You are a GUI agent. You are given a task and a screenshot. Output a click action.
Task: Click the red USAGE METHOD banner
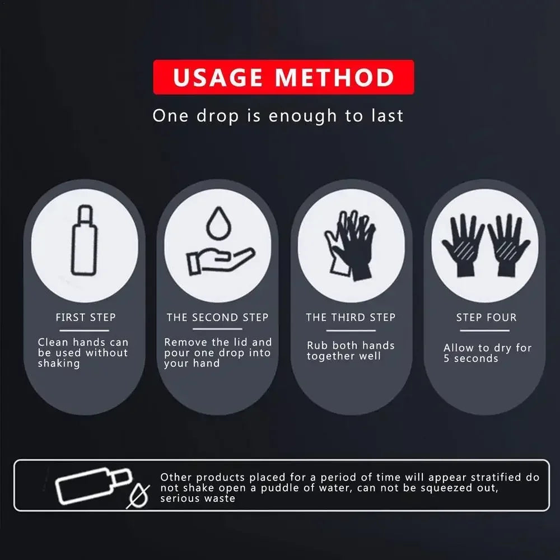(283, 77)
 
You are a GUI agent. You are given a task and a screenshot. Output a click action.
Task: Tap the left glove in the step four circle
(463, 244)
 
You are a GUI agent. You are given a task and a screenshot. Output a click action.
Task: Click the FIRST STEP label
(86, 318)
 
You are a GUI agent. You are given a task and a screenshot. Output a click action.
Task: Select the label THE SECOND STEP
(217, 318)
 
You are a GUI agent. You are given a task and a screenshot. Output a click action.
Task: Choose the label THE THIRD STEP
(351, 318)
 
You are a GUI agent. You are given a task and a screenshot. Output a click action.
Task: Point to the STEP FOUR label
(486, 318)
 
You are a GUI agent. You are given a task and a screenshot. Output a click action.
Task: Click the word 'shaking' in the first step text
(59, 363)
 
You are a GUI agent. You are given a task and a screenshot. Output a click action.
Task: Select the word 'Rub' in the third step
(317, 346)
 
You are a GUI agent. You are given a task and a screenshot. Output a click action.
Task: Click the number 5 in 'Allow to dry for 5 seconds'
(447, 359)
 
